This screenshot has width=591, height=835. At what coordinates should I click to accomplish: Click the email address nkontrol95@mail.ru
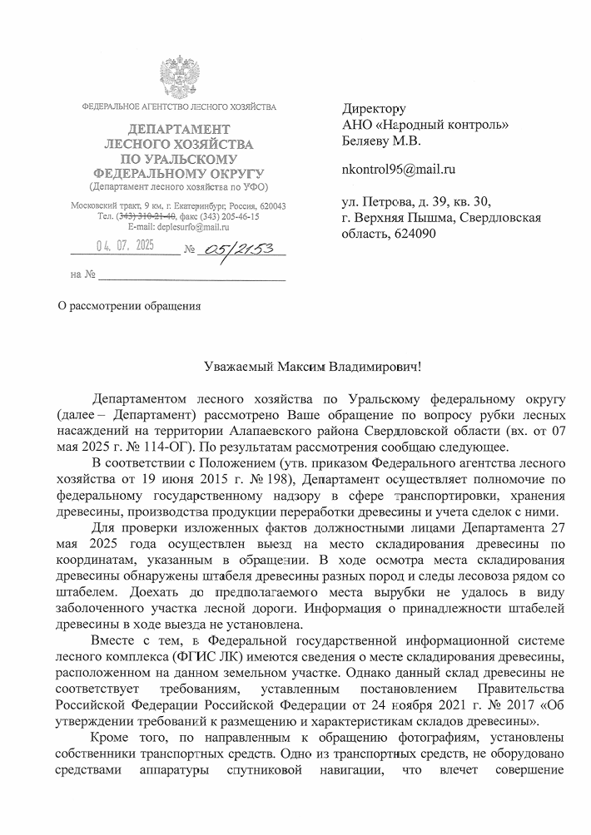[399, 170]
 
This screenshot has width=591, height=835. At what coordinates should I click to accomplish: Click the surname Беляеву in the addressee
[369, 141]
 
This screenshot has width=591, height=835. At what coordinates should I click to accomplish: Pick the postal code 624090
[414, 233]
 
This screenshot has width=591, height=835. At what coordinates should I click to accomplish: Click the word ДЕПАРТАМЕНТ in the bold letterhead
[177, 129]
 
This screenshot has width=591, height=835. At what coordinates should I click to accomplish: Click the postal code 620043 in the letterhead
[269, 205]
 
